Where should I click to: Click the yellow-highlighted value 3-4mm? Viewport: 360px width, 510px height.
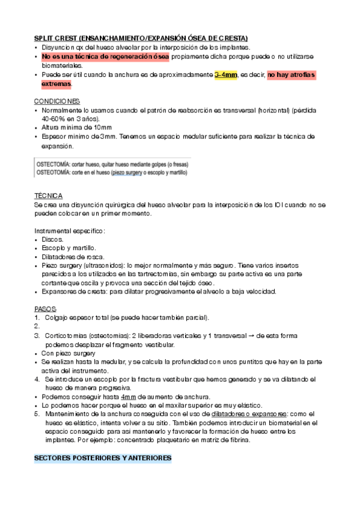(x=226, y=75)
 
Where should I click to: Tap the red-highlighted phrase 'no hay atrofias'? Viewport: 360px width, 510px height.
(x=291, y=75)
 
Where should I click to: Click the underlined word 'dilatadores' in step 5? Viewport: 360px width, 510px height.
(x=231, y=414)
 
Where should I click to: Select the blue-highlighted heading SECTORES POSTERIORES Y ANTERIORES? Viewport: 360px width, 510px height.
(x=103, y=458)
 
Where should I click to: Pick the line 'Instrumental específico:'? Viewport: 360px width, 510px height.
(x=70, y=230)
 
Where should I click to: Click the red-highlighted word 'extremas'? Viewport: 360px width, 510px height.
(x=56, y=84)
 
